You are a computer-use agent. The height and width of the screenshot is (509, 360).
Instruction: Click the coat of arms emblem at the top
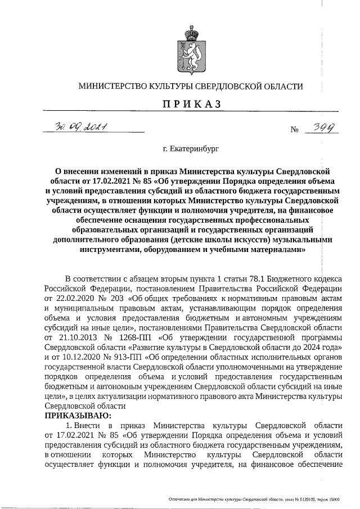190,46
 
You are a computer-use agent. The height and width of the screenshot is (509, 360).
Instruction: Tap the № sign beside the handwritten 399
294,130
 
